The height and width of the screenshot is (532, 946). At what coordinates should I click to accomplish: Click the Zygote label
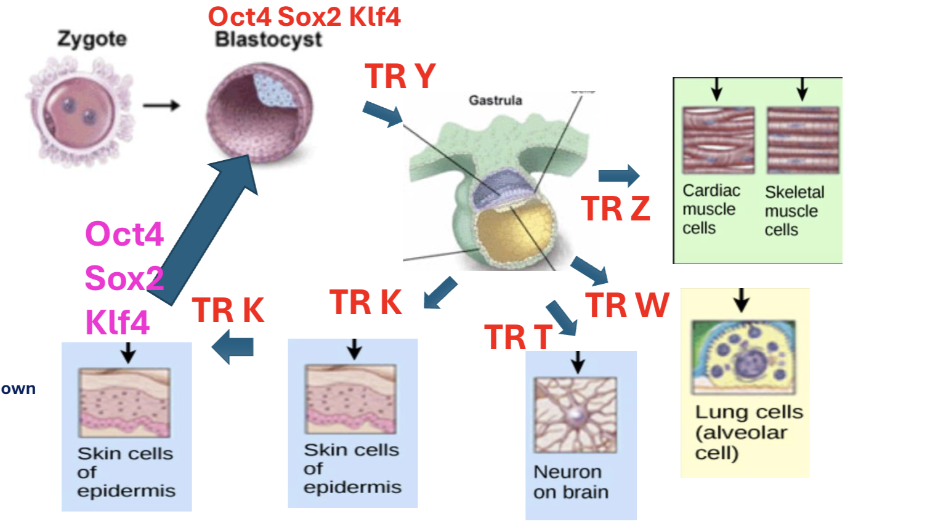[92, 39]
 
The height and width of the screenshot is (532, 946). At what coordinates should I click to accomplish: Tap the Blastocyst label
[269, 40]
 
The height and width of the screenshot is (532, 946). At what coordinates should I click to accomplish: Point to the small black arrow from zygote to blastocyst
[161, 106]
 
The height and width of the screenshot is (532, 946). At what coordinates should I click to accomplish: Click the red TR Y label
[400, 77]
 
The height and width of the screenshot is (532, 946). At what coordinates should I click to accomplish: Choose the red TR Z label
[615, 209]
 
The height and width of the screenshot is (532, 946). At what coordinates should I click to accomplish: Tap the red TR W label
[627, 305]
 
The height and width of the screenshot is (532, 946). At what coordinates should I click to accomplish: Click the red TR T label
[518, 337]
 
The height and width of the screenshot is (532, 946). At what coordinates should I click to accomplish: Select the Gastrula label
[495, 100]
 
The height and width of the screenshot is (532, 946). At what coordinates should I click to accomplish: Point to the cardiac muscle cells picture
[718, 140]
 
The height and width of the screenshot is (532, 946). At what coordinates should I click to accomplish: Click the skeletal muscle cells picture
[802, 140]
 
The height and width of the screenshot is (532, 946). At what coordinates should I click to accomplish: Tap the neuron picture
[575, 414]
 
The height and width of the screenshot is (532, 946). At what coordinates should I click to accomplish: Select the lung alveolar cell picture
[743, 357]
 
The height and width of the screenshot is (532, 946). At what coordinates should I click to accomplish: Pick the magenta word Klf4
[117, 322]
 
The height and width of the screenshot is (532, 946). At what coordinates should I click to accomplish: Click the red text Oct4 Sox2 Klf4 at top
[304, 17]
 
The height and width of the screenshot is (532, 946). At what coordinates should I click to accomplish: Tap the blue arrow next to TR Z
[619, 175]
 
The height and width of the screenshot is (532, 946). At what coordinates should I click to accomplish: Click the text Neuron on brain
[571, 482]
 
